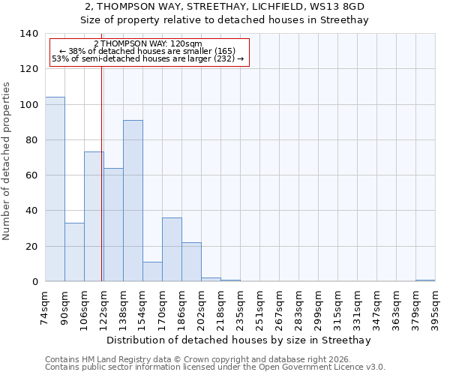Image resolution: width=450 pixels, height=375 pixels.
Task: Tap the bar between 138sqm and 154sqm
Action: pyautogui.click(x=133, y=200)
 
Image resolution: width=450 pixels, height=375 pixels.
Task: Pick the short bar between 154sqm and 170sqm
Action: pyautogui.click(x=152, y=271)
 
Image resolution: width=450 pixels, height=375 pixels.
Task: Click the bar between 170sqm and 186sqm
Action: pyautogui.click(x=172, y=249)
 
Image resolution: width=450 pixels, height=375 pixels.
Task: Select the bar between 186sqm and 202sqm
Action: pyautogui.click(x=191, y=262)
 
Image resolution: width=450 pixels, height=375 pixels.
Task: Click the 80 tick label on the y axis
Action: pyautogui.click(x=32, y=140)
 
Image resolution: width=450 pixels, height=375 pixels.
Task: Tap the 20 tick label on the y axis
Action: pyautogui.click(x=32, y=247)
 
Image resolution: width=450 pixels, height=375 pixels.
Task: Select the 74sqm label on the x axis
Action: pyautogui.click(x=46, y=307)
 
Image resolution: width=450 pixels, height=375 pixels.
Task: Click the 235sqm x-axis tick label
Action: pyautogui.click(x=241, y=307)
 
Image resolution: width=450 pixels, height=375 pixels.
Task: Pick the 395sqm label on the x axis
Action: pyautogui.click(x=436, y=307)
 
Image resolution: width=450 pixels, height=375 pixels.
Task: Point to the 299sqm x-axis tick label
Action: pyautogui.click(x=319, y=307)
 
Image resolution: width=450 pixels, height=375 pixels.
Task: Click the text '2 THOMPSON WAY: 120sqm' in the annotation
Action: pyautogui.click(x=148, y=44)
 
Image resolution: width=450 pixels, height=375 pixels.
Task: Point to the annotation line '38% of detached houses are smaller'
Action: pyautogui.click(x=148, y=51)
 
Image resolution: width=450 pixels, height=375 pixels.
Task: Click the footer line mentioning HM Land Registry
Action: pyautogui.click(x=214, y=359)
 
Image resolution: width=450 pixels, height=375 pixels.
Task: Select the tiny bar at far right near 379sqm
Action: pyautogui.click(x=425, y=280)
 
